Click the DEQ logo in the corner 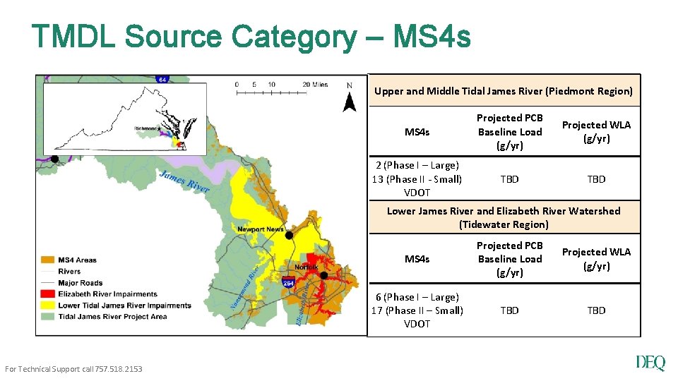tap(650, 363)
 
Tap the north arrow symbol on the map tap(350, 99)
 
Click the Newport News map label tap(261, 229)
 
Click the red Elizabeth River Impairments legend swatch tap(49, 294)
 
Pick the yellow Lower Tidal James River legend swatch tap(49, 306)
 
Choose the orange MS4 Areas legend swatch tap(49, 260)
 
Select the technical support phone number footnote tap(73, 369)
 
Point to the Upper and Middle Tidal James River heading tap(504, 91)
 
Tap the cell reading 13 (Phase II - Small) tap(417, 179)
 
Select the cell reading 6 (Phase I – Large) tap(417, 297)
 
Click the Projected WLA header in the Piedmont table tap(596, 132)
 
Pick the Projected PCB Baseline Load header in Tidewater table tap(509, 259)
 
